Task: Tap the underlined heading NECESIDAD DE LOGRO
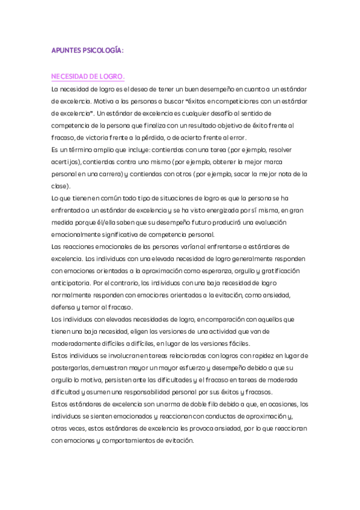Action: [x=88, y=77]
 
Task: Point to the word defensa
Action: [x=63, y=307]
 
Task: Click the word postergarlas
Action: [x=72, y=368]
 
